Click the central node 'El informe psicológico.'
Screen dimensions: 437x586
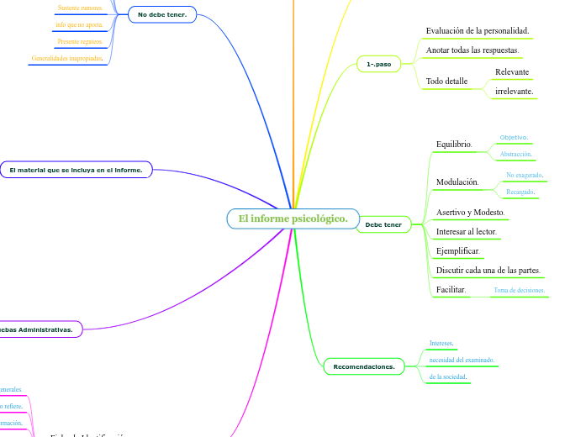pos(293,219)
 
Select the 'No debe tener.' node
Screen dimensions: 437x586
pos(162,14)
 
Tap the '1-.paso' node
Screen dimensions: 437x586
pos(379,63)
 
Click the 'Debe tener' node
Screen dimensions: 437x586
pos(383,225)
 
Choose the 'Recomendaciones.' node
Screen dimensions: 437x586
pos(364,366)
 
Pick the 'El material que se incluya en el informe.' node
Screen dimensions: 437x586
pos(76,170)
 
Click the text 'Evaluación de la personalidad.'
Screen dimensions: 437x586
pos(477,31)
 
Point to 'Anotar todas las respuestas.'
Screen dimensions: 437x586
pos(472,51)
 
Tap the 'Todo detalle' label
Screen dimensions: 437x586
pos(446,82)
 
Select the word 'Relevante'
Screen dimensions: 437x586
pos(512,72)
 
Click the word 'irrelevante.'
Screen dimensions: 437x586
pos(514,91)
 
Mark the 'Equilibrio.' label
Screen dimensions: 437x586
pos(454,145)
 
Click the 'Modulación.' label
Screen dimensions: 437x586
pos(457,182)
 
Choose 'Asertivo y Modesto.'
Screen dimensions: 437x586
pos(470,213)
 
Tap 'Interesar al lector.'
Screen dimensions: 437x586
pos(467,232)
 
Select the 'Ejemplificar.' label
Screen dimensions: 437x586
pos(457,251)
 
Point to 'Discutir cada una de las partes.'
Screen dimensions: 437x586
pos(488,271)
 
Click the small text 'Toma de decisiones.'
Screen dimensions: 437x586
pos(519,291)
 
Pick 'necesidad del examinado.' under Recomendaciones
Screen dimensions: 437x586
pos(462,360)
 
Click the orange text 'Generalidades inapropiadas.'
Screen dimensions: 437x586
pos(67,59)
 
